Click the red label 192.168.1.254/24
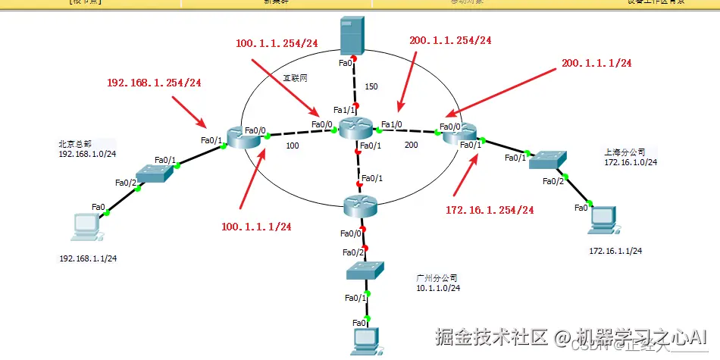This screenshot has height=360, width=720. tap(155, 82)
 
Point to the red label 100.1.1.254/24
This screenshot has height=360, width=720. tap(277, 44)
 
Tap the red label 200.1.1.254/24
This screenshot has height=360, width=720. tap(449, 40)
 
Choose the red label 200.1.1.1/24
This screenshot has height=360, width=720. tap(596, 63)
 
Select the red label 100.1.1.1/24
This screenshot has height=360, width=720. tap(256, 226)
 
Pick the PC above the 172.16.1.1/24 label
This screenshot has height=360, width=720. tap(604, 218)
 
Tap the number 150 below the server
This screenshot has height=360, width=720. tap(371, 86)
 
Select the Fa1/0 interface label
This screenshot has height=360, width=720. tap(392, 124)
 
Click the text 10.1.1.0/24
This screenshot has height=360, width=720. tap(438, 288)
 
